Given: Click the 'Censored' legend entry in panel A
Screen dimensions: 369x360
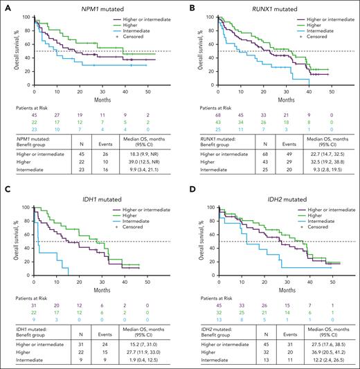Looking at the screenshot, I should pyautogui.click(x=138, y=34).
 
